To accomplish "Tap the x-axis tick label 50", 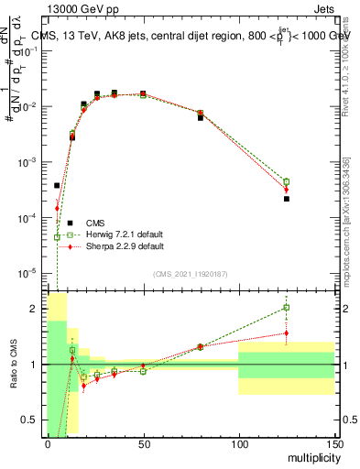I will tap(143, 445).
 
